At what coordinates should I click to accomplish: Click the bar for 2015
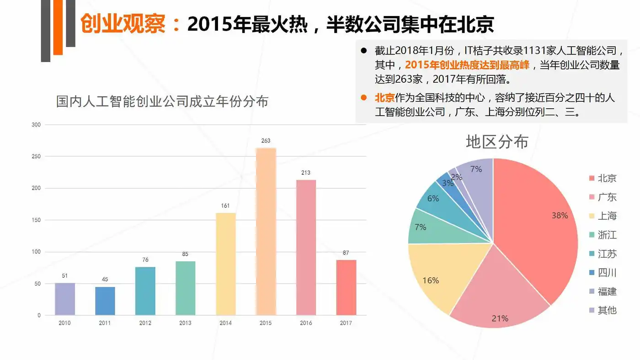266,231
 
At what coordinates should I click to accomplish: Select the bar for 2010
64,299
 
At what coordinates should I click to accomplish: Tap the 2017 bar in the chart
346,287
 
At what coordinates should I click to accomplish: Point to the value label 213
306,173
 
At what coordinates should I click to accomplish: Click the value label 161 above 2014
225,206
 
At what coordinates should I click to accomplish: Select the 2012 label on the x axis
145,323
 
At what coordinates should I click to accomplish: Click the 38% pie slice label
560,215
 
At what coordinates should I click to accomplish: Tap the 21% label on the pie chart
500,318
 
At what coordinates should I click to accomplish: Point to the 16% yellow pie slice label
431,280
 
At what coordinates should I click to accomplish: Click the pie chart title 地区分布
497,142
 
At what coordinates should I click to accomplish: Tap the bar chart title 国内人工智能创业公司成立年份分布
162,101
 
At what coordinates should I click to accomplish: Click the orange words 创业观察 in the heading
123,24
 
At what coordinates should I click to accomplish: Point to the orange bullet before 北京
364,98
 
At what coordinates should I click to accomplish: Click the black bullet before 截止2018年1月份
364,50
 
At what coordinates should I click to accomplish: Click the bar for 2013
185,288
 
